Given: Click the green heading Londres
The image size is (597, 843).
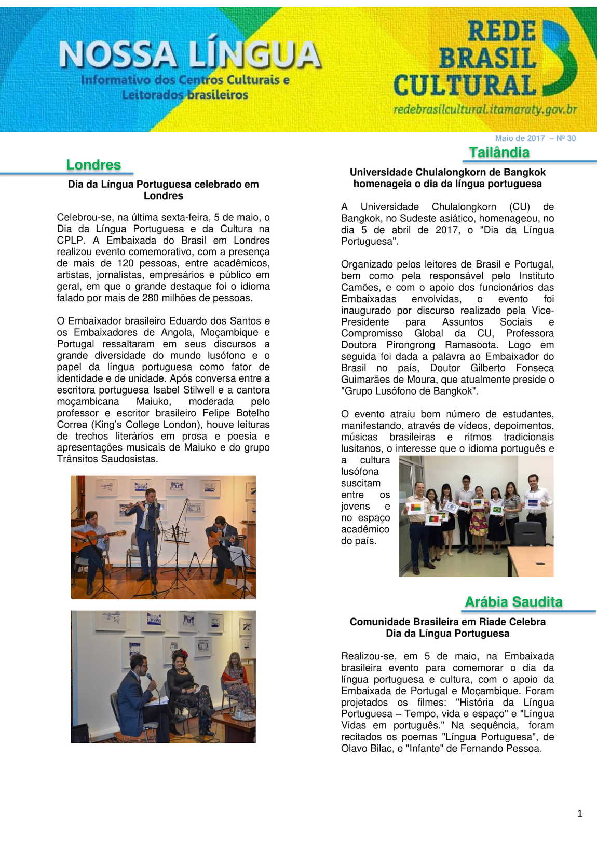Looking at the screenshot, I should coord(93,165).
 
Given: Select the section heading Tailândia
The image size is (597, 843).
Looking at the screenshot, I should coord(499,152).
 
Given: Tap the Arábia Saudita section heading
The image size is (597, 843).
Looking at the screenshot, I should coord(513,602).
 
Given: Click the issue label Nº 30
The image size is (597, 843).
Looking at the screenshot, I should coord(566,138).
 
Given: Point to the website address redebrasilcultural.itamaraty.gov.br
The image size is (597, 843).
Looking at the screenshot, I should coord(485,109).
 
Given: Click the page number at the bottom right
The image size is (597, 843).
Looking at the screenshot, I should coord(580,814).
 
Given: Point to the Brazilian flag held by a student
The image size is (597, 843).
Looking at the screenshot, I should coord(497,510).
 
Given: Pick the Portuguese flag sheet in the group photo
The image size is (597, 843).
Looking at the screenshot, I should coord(432,519).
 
